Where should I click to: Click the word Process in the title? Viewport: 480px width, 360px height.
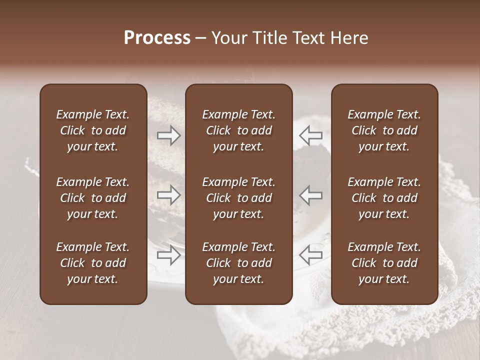coord(157,38)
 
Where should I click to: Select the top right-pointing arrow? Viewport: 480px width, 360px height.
coord(168,135)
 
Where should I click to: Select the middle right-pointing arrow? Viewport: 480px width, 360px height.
coord(168,195)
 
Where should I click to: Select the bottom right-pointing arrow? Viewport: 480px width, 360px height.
coord(168,255)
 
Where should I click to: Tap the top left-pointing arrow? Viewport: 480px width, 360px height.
coord(310,135)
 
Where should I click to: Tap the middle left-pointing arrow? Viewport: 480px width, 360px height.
coord(310,195)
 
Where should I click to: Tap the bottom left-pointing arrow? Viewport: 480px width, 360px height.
coord(310,255)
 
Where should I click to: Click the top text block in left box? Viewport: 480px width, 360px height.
coord(93,130)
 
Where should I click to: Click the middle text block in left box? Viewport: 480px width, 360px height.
coord(93,198)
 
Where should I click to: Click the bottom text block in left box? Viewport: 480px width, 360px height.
coord(93,263)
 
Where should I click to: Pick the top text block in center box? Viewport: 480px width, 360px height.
coord(238,130)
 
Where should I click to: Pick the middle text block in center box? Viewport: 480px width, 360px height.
coord(238,198)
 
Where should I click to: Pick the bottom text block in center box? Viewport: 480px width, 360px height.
coord(238,263)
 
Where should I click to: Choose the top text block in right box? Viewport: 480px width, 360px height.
coord(384,130)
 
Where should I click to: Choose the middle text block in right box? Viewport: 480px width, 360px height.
coord(384,198)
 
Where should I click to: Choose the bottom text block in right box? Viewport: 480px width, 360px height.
coord(384,263)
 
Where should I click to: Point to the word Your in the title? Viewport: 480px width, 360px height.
coord(228,38)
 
